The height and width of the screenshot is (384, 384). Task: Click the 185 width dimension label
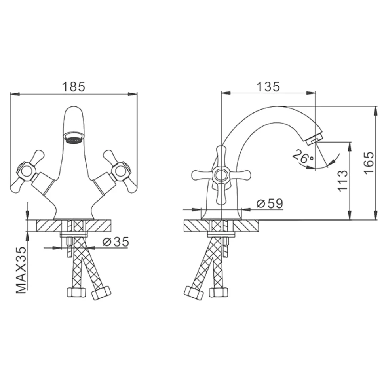pyautogui.click(x=74, y=87)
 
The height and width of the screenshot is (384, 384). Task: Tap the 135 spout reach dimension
pyautogui.click(x=268, y=87)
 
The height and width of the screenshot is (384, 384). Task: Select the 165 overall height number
pyautogui.click(x=369, y=163)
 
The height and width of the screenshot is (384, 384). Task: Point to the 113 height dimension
pyautogui.click(x=342, y=181)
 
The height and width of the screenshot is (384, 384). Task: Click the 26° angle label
pyautogui.click(x=303, y=157)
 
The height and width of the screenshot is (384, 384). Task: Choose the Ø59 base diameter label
pyautogui.click(x=270, y=203)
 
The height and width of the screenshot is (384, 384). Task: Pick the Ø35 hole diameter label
pyautogui.click(x=116, y=242)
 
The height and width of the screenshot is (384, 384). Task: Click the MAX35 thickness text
pyautogui.click(x=21, y=270)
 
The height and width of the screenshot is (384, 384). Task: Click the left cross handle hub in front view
pyautogui.click(x=26, y=171)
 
